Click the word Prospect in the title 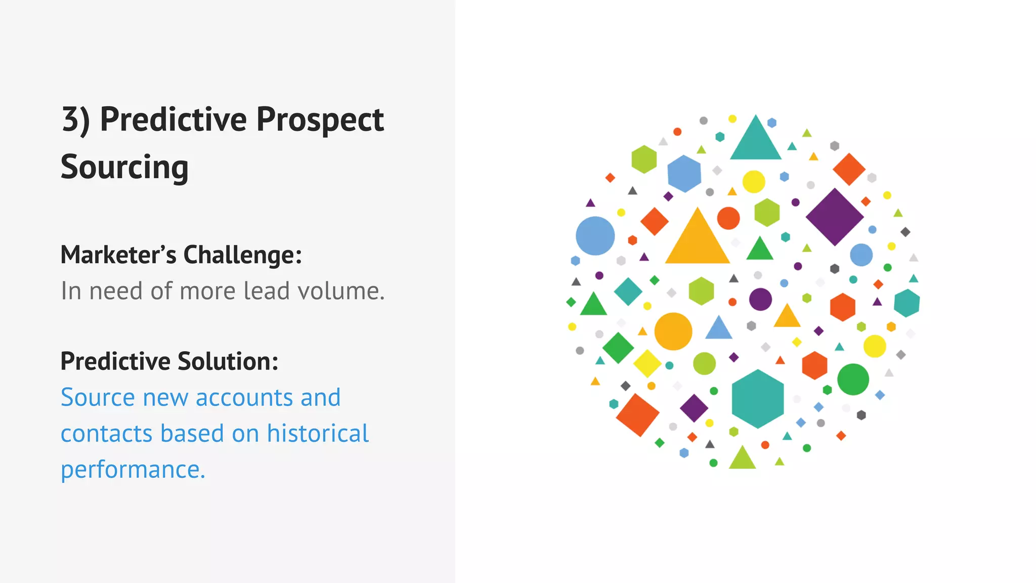[320, 120]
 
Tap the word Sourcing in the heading [124, 167]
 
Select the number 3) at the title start [76, 120]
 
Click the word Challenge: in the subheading [242, 255]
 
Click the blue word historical [318, 434]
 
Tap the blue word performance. [133, 470]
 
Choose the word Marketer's [118, 255]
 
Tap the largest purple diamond [835, 217]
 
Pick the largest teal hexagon [758, 399]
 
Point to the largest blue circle [595, 236]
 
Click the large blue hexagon [684, 174]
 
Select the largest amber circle [673, 331]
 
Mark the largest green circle [853, 380]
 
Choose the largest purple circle [760, 299]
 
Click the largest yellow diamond [647, 363]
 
